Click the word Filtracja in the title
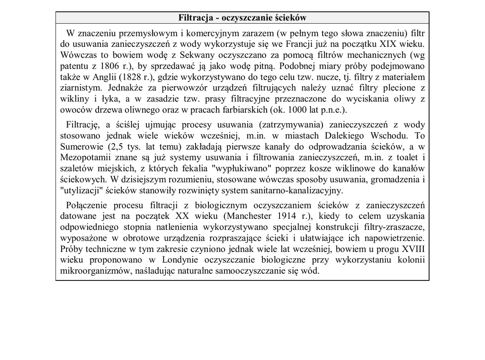point(194,18)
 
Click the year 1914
point(279,216)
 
